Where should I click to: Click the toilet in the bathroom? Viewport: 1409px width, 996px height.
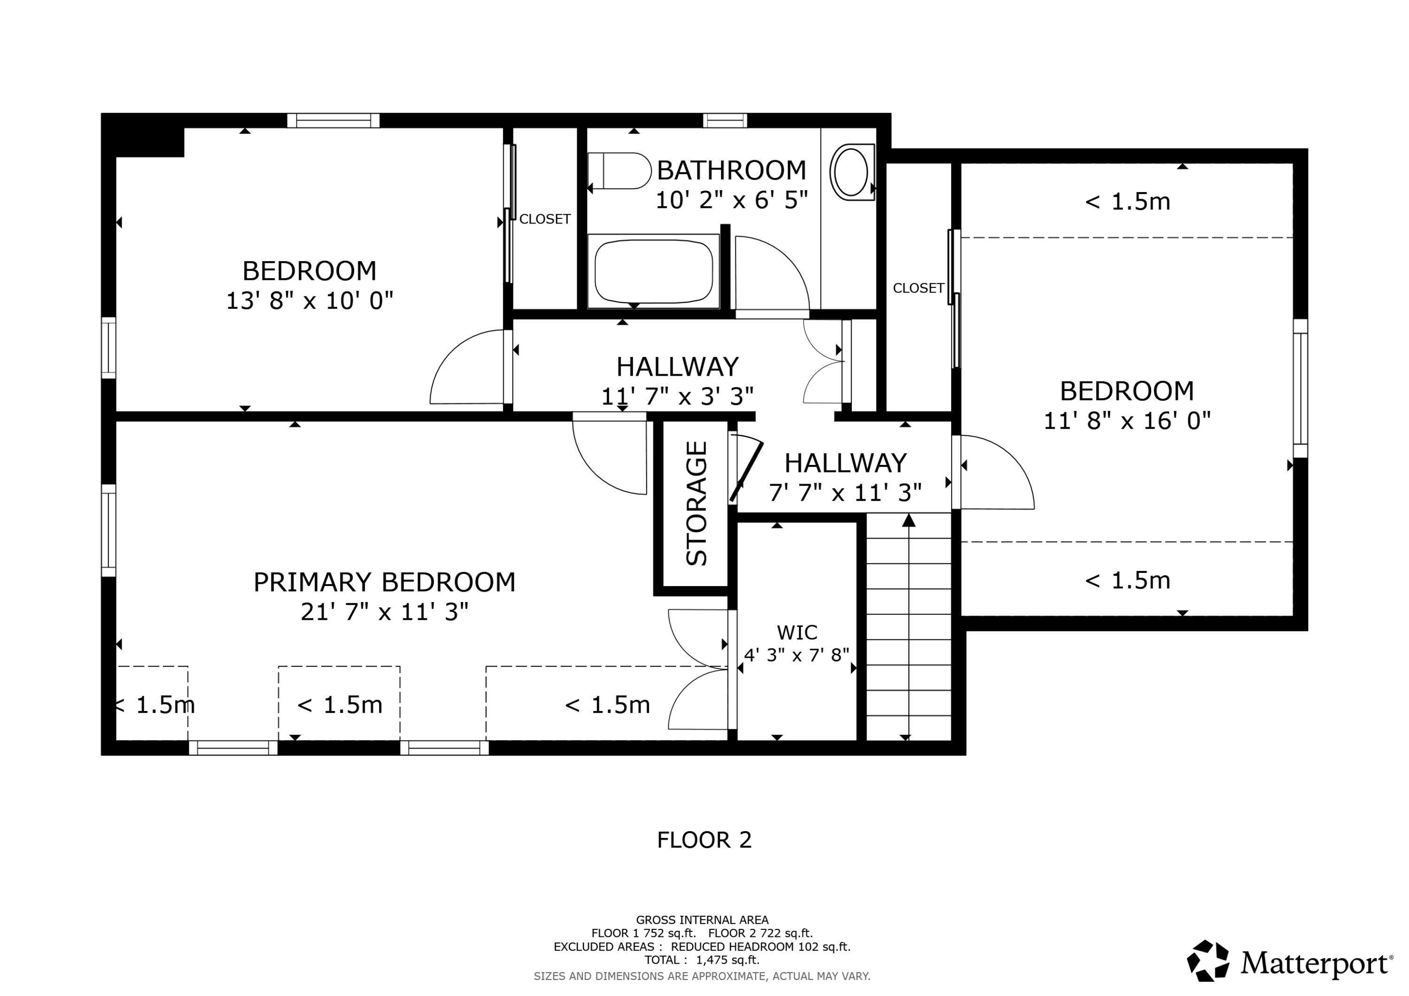(620, 170)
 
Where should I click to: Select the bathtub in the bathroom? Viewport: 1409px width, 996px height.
(653, 272)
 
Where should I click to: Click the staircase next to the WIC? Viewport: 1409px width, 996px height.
(908, 626)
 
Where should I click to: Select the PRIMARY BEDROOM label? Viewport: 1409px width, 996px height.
(384, 582)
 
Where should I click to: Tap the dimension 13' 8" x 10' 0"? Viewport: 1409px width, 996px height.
(310, 301)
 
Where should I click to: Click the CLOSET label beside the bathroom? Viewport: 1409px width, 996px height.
(545, 219)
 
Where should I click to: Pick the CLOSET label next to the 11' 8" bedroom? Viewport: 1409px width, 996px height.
(918, 288)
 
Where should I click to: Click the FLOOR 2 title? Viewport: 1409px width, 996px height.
(704, 840)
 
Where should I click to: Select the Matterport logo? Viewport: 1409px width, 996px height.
(1289, 962)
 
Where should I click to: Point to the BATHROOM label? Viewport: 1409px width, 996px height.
(731, 170)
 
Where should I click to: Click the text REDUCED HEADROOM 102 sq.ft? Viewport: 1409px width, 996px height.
(760, 946)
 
